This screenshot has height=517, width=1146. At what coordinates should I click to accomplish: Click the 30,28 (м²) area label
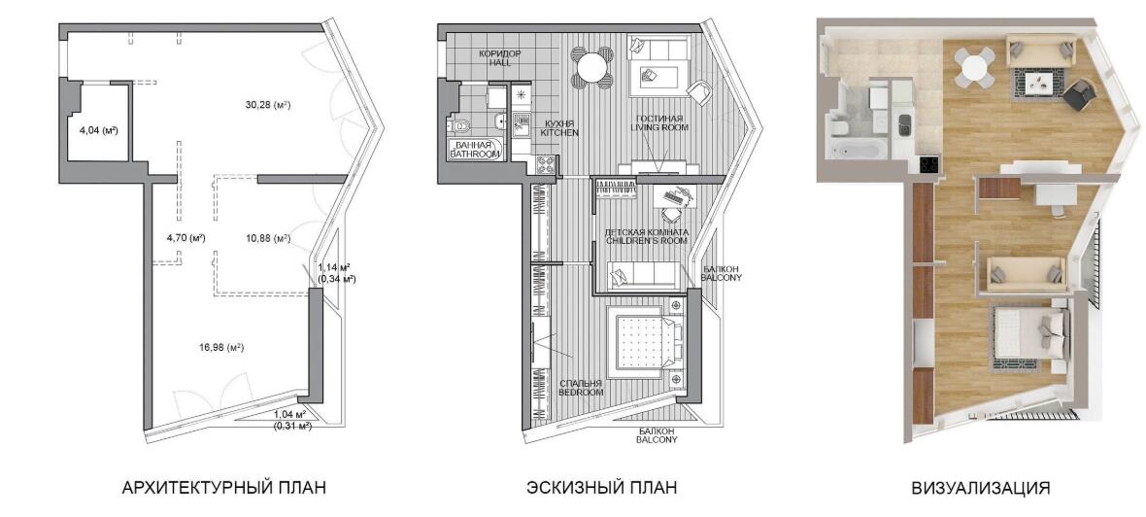(x=268, y=105)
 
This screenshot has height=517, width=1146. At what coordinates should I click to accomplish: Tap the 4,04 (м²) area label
(x=99, y=131)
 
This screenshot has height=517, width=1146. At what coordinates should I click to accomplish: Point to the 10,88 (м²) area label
(x=267, y=238)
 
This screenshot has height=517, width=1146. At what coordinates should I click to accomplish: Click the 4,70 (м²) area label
(x=185, y=238)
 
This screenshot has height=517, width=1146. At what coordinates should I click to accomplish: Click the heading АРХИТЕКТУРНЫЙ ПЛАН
(x=223, y=488)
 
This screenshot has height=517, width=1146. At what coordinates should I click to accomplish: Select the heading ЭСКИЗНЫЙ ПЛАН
(x=601, y=488)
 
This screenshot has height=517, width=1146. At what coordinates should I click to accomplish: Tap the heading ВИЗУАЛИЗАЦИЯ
(x=981, y=488)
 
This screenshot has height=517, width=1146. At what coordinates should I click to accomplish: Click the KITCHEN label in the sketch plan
(x=559, y=133)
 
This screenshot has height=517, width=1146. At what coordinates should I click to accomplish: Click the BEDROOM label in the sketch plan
(x=581, y=392)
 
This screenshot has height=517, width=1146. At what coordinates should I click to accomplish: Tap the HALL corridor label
(x=500, y=63)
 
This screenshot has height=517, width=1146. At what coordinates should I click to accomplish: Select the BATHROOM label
(x=475, y=155)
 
